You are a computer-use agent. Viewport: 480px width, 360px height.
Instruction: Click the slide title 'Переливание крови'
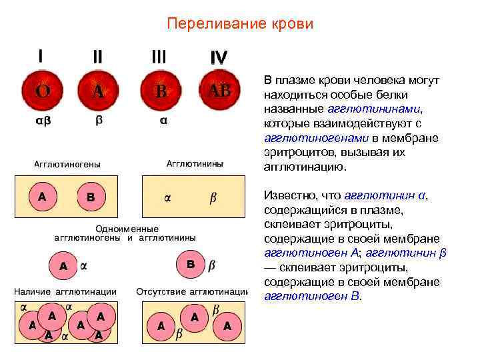click(239, 24)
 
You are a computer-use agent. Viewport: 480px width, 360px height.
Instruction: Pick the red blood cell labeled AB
click(219, 91)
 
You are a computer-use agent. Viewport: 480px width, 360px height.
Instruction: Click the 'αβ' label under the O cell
click(42, 121)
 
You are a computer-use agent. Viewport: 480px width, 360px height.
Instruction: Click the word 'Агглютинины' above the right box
click(195, 163)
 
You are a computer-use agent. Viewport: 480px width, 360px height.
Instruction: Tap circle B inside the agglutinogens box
click(91, 197)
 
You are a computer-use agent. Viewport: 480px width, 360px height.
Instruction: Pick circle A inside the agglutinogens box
click(42, 197)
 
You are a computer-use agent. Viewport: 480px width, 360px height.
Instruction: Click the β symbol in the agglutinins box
click(213, 198)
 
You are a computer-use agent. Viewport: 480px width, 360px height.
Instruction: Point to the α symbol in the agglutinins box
click(168, 198)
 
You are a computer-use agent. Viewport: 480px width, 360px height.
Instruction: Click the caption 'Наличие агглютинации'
click(66, 291)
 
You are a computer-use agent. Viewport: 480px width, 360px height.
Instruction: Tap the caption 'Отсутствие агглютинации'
click(192, 291)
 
